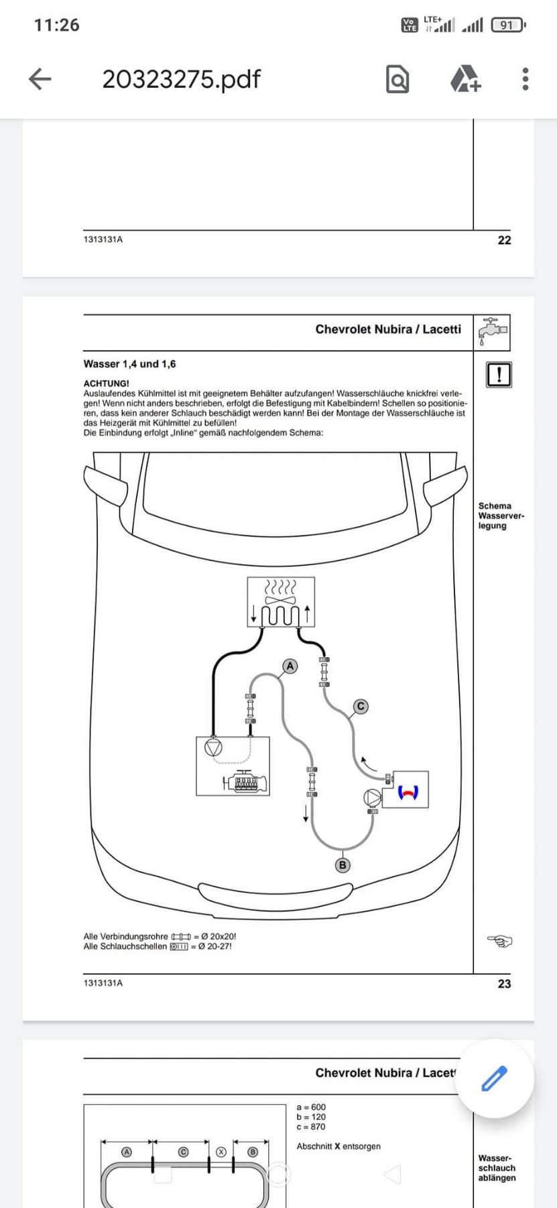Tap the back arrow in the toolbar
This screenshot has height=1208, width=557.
coord(40,79)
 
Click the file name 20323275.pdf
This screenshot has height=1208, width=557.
coord(181,79)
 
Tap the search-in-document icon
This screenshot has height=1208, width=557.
coord(397,79)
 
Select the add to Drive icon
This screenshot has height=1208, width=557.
coord(465,79)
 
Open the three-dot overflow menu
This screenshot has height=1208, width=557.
coord(525,79)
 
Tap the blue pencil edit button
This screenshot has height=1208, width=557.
coord(495,1078)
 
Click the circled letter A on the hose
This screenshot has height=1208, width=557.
coord(290,666)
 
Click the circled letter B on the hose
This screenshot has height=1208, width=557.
coord(343,865)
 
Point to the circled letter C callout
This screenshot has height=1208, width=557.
coord(361,706)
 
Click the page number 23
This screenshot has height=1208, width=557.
coord(504,984)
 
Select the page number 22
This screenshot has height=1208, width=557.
coord(504,240)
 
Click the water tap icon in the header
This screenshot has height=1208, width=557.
coord(492,332)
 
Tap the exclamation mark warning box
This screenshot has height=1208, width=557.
coord(498,374)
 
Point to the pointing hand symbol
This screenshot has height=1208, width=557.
coord(499,941)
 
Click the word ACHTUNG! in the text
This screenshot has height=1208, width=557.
coord(106,383)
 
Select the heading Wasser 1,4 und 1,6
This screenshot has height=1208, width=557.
coord(129,364)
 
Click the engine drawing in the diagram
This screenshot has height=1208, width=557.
coord(247,782)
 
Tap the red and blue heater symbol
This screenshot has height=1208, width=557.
coord(408,792)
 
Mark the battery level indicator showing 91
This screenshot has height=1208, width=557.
coord(507,26)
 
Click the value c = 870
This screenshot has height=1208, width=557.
coord(311,1127)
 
